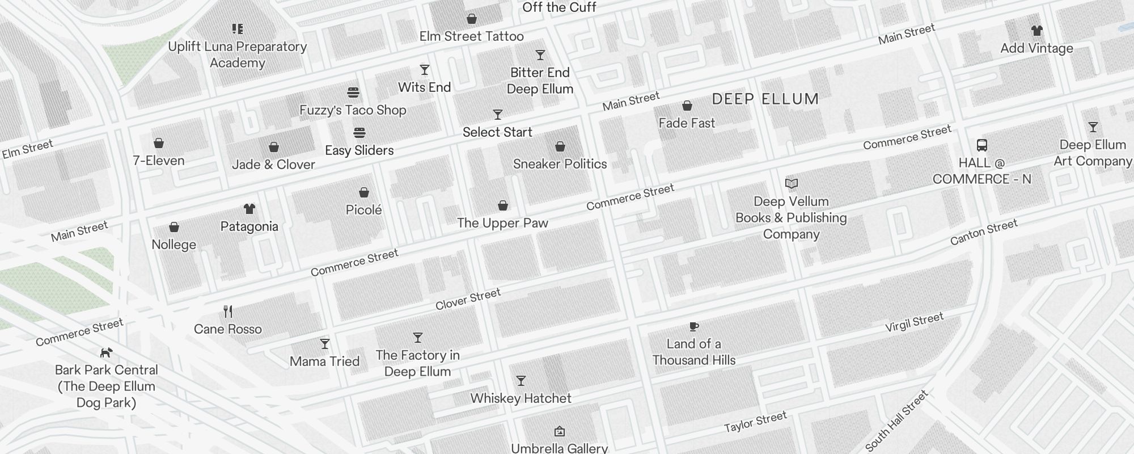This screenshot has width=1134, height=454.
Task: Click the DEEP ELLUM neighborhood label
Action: click(x=765, y=99)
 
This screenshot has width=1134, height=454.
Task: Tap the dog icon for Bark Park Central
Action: click(x=106, y=353)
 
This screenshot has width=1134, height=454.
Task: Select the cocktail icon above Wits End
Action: click(x=425, y=70)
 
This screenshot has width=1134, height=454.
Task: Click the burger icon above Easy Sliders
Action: click(x=359, y=133)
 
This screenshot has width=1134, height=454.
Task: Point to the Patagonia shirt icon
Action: click(x=249, y=209)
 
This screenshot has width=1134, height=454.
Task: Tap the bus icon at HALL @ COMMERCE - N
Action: click(x=982, y=145)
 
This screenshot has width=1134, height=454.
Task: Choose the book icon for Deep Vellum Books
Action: click(x=792, y=184)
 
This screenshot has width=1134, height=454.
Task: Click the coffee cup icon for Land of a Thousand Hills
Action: click(x=693, y=326)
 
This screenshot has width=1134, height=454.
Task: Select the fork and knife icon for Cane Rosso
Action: click(x=228, y=312)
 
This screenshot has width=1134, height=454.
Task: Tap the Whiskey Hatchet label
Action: click(x=521, y=398)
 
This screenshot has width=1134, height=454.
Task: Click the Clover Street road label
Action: click(x=468, y=299)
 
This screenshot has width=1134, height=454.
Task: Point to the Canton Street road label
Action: click(x=984, y=233)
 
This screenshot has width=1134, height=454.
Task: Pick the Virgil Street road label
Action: click(x=914, y=322)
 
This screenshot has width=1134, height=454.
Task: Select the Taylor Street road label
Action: click(x=755, y=422)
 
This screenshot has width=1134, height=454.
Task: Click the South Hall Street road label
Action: click(x=896, y=421)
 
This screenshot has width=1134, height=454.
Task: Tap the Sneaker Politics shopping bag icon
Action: click(x=560, y=146)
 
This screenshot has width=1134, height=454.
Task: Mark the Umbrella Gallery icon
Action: click(x=560, y=431)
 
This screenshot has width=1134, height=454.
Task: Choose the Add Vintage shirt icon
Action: click(x=1036, y=31)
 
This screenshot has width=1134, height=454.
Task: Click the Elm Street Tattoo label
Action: click(x=471, y=36)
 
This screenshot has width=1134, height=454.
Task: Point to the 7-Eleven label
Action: click(x=159, y=161)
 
